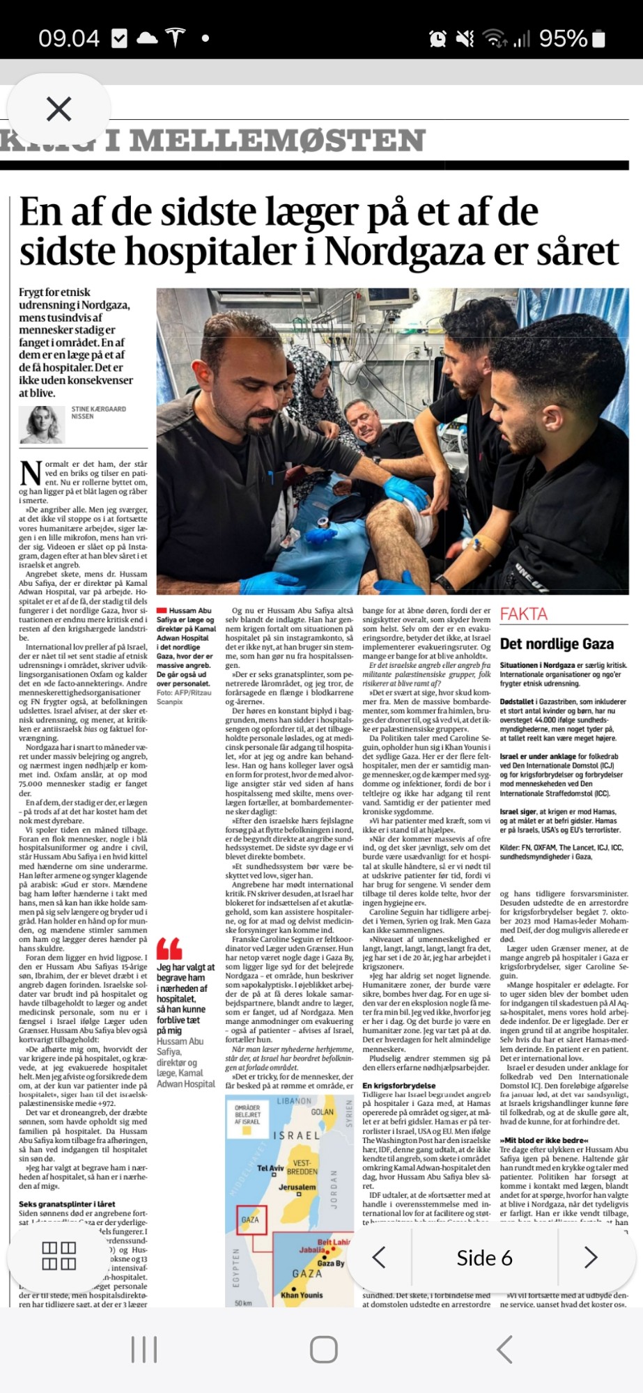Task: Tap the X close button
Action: point(59,109)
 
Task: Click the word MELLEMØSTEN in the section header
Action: point(277,141)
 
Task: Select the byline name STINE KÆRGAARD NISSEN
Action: point(98,412)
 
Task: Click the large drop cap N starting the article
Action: point(31,473)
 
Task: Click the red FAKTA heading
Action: point(524,614)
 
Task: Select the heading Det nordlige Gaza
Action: point(557,644)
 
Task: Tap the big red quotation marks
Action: point(169,949)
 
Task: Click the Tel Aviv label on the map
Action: point(270,1168)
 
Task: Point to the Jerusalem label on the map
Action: point(297,1187)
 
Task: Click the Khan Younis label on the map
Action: point(302,1295)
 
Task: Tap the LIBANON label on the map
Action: point(294,1101)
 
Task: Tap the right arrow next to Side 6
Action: point(591,1257)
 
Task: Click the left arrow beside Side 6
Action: point(379,1257)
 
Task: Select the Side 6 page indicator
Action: point(484,1258)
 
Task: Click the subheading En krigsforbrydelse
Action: point(399,1085)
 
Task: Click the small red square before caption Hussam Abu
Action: point(162,611)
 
